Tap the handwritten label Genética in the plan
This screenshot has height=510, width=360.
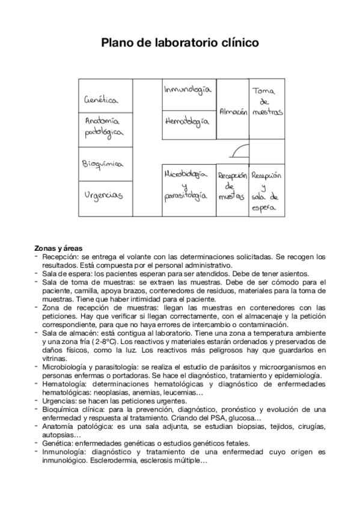click(x=101, y=100)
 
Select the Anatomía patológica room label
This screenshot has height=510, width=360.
click(x=103, y=126)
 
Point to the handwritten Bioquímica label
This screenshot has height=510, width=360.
click(x=102, y=164)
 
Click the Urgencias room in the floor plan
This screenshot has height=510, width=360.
click(x=103, y=195)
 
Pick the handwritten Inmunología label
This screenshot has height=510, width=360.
click(x=187, y=90)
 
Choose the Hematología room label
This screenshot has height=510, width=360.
click(x=186, y=121)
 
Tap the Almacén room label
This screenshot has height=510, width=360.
click(x=233, y=112)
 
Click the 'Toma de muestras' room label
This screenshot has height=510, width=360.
click(x=267, y=102)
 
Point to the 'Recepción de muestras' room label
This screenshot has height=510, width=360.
click(x=232, y=186)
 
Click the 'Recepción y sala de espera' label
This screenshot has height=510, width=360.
click(x=266, y=192)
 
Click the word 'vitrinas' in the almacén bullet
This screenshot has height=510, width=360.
click(x=55, y=357)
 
